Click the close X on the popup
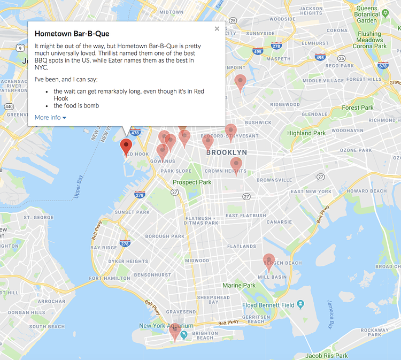pos(217,29)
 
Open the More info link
pos(50,117)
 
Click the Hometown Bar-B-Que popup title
pos(72,34)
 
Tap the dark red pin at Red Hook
pos(126,146)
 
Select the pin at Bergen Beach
pos(269,261)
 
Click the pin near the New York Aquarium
pos(174,331)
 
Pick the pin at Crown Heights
pos(236,165)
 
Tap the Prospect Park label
pos(192,182)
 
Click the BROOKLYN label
pos(227,152)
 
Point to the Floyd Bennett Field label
pos(268,305)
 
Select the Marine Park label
pos(239,286)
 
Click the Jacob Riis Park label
pos(326,356)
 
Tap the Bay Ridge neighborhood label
pos(103,248)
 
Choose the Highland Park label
pos(306,133)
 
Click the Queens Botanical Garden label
pos(367,14)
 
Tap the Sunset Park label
pos(132,212)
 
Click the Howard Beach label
pos(366,191)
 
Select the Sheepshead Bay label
pos(213,300)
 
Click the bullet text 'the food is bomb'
pos(76,105)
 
